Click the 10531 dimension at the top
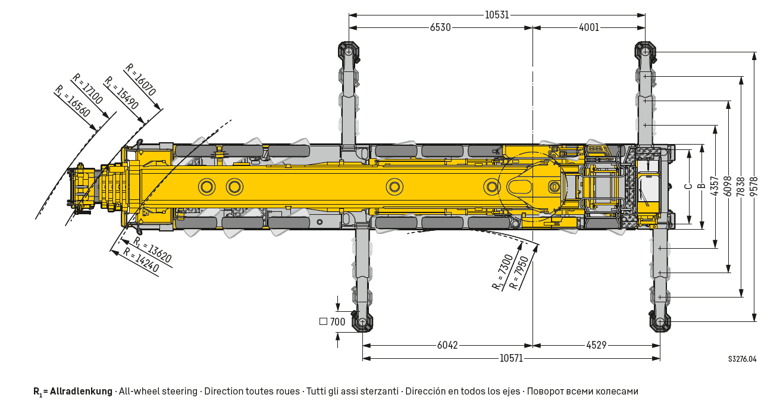click(x=497, y=15)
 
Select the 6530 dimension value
click(x=440, y=27)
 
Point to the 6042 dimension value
click(x=447, y=345)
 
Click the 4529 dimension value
click(x=596, y=345)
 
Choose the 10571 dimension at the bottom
click(x=511, y=358)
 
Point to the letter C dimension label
click(x=688, y=186)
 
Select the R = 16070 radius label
click(x=141, y=80)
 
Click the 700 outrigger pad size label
click(x=337, y=322)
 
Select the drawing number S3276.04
click(x=743, y=359)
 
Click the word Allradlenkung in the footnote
click(x=81, y=392)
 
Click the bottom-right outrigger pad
click(x=660, y=322)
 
